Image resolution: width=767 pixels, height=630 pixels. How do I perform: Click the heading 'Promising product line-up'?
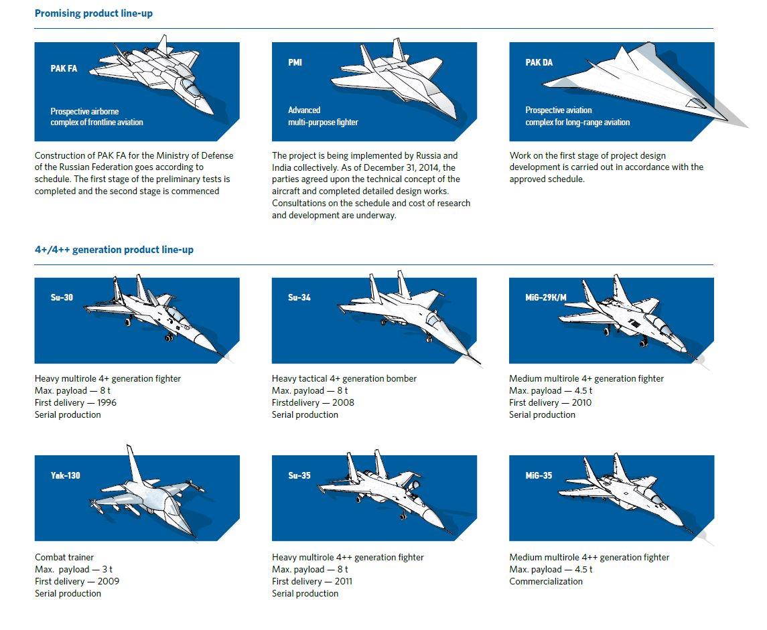click(94, 13)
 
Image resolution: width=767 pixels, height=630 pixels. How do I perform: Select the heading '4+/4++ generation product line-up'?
click(114, 250)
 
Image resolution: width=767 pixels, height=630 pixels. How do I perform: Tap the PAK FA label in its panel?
click(64, 68)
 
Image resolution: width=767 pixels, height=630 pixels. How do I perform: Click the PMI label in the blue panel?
click(295, 62)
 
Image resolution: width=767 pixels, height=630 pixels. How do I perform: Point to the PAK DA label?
click(539, 62)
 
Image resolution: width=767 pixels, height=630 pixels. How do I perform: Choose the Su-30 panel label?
click(62, 297)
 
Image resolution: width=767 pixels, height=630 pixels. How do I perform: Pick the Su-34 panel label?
click(299, 297)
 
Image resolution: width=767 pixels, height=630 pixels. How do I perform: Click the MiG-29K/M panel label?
click(545, 297)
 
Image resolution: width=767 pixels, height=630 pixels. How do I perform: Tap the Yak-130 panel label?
click(65, 476)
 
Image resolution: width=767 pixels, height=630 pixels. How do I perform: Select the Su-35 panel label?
click(299, 476)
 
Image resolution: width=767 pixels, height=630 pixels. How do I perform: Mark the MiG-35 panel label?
click(539, 476)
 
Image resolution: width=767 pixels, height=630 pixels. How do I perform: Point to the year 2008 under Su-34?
click(343, 403)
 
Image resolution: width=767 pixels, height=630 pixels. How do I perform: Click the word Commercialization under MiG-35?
click(545, 582)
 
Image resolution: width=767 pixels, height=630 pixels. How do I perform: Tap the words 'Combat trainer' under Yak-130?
click(64, 558)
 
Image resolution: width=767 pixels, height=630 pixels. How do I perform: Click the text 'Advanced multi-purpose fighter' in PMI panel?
click(323, 116)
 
